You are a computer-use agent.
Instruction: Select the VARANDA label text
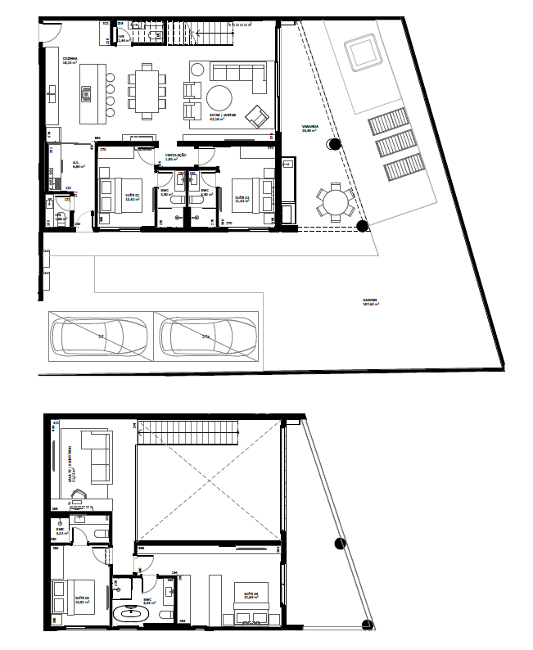tap(309, 128)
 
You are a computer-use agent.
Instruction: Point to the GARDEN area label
tap(371, 300)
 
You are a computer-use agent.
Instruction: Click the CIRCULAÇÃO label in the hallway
tap(176, 156)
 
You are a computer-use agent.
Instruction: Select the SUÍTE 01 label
tap(132, 196)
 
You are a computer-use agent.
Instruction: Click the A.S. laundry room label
tap(76, 164)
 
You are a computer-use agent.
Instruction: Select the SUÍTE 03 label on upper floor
tap(82, 598)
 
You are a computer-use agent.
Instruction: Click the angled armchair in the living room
tap(257, 117)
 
